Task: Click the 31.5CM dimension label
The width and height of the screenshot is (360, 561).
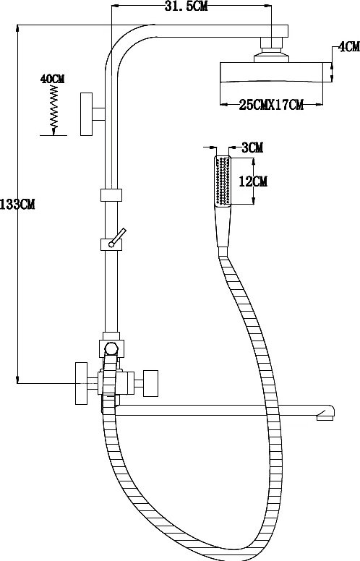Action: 186,6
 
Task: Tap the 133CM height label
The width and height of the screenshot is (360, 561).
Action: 17,204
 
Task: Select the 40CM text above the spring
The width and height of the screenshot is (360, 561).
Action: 52,79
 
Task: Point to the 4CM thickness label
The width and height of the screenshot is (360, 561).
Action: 348,46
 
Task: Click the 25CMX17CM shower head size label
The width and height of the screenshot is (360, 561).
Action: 271,105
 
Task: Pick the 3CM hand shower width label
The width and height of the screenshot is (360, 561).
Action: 252,147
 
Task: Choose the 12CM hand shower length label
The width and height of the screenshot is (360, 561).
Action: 253,181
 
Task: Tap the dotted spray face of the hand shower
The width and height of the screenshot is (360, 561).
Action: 223,181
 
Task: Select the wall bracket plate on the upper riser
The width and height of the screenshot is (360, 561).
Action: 86,114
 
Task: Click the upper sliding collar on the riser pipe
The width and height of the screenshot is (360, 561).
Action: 111,195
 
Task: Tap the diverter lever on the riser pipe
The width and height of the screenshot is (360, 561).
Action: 118,237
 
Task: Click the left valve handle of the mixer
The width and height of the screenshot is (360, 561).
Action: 81,383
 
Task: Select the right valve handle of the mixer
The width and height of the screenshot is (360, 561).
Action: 150,383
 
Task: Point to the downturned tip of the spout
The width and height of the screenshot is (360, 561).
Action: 325,416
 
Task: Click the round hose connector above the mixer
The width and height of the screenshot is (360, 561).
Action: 111,348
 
